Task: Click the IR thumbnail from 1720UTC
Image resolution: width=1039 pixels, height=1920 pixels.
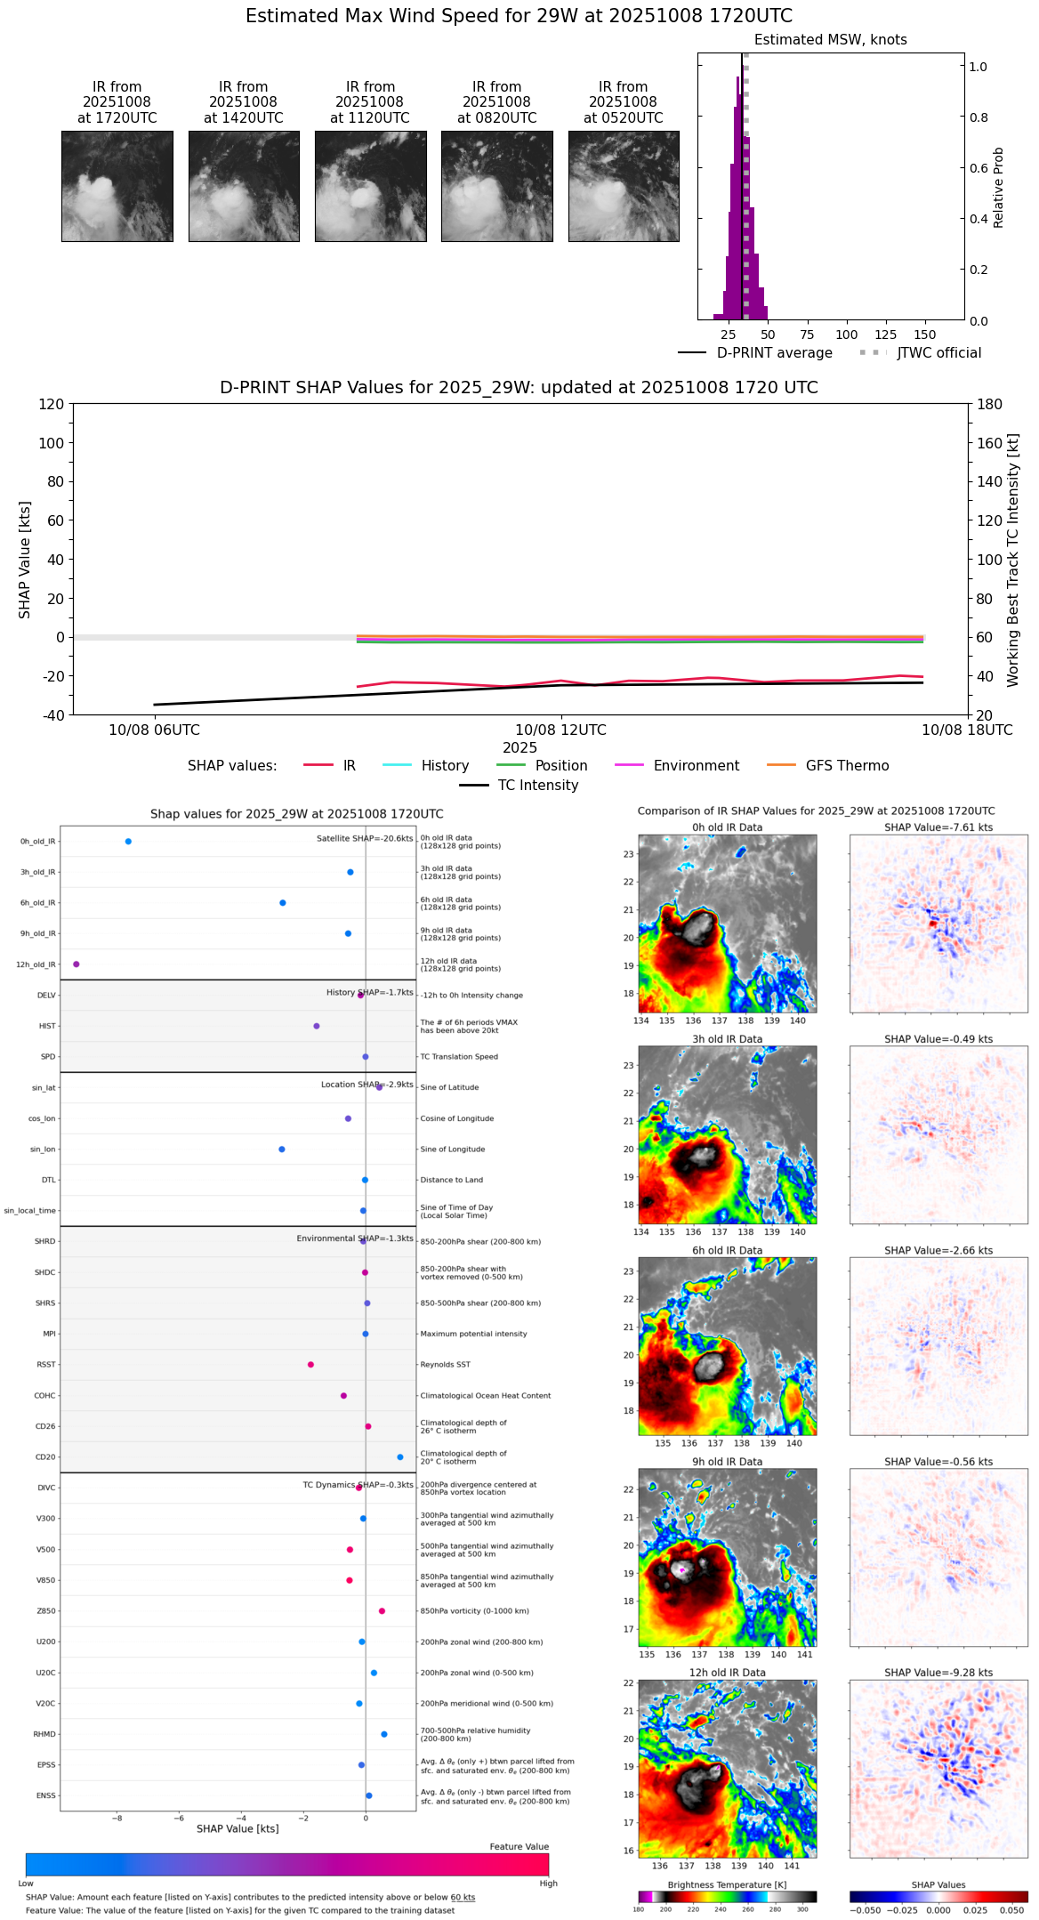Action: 117,186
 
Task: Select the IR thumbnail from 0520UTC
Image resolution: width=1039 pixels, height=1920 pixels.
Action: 624,186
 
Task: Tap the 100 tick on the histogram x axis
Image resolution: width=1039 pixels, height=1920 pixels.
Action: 846,335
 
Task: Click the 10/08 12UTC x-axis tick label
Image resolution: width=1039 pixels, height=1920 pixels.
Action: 560,730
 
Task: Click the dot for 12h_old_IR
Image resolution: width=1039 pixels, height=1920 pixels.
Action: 77,964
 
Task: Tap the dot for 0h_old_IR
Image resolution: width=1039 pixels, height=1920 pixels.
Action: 128,842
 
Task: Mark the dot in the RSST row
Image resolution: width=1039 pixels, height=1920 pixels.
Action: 310,1365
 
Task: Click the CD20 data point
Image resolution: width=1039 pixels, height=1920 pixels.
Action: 400,1457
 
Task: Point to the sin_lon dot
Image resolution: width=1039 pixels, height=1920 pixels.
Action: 282,1150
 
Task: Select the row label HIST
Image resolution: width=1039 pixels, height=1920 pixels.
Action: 47,1027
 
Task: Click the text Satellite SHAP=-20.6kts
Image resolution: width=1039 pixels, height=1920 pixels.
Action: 365,839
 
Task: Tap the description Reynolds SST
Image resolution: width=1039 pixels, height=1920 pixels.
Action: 446,1365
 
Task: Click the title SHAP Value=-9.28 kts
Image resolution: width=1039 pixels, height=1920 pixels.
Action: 938,1673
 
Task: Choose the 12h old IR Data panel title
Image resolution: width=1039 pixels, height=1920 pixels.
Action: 727,1673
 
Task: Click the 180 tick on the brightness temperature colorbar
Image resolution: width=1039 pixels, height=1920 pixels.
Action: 639,1909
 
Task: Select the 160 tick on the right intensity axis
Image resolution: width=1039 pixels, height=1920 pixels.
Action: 990,443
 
